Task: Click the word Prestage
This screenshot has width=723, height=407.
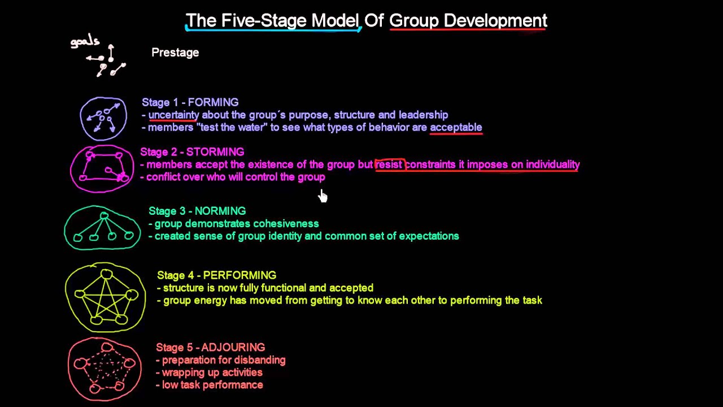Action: pyautogui.click(x=175, y=53)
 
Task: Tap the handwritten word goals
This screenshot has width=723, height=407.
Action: pyautogui.click(x=85, y=42)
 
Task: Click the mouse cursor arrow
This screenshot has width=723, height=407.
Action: pyautogui.click(x=323, y=196)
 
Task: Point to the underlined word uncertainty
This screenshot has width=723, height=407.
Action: pyautogui.click(x=173, y=115)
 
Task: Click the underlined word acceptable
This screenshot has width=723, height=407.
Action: pyautogui.click(x=456, y=127)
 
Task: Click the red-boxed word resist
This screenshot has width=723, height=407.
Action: pyautogui.click(x=389, y=164)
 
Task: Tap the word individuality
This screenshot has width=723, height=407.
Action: pyautogui.click(x=552, y=164)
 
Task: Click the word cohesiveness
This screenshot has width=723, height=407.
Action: pyautogui.click(x=286, y=224)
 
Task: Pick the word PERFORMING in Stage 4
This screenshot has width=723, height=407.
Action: pyautogui.click(x=239, y=275)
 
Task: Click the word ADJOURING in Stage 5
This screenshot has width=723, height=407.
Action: pyautogui.click(x=233, y=348)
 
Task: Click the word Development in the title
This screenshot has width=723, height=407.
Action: pyautogui.click(x=495, y=21)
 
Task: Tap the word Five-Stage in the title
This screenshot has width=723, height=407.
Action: pyautogui.click(x=264, y=21)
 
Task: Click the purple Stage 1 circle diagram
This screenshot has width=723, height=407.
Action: pyautogui.click(x=103, y=119)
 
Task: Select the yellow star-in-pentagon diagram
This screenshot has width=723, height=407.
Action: pyautogui.click(x=106, y=298)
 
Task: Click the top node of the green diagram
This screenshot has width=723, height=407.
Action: pyautogui.click(x=104, y=216)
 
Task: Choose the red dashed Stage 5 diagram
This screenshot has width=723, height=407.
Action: pyautogui.click(x=105, y=369)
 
